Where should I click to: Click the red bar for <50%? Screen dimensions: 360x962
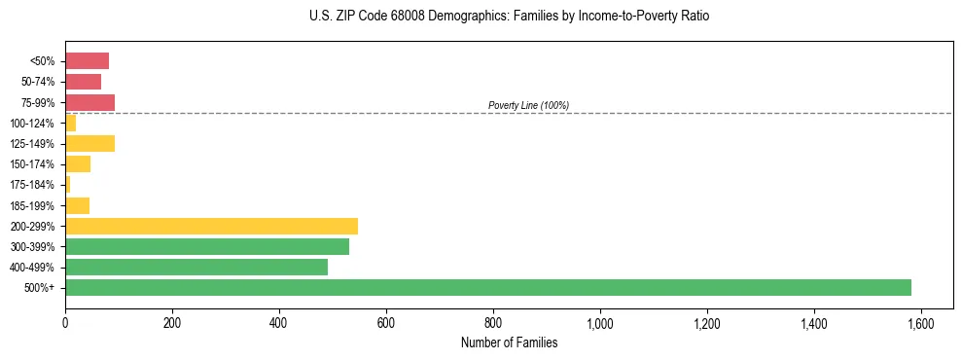[x=87, y=61]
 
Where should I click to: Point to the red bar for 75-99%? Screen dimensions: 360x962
[x=89, y=102]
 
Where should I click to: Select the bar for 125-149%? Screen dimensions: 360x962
[x=89, y=143]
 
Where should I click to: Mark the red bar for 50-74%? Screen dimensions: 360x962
[x=83, y=82]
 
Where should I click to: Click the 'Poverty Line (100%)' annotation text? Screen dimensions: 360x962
[x=528, y=105]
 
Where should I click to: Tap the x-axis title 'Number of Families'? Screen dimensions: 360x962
[x=509, y=342]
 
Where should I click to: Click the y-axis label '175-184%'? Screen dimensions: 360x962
[x=32, y=185]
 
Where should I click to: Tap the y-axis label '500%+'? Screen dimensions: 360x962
[x=40, y=288]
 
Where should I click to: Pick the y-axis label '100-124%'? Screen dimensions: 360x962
[x=32, y=124]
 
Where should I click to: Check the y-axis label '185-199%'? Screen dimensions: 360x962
[x=32, y=205]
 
